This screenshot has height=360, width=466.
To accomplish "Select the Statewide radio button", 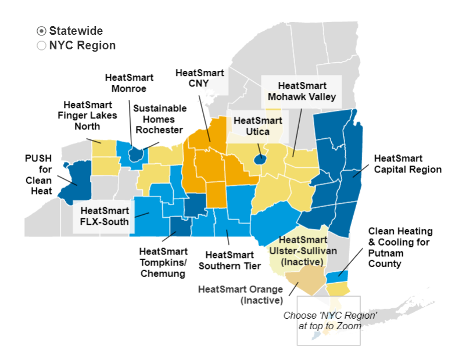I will (x=41, y=31).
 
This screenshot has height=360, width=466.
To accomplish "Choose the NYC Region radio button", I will (x=41, y=45).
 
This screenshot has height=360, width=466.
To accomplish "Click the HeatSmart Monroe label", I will (x=129, y=83).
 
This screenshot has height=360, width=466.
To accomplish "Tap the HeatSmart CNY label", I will (x=195, y=78).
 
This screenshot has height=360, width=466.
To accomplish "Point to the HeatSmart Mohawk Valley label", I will (x=302, y=91).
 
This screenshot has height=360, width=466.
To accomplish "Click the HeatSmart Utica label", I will (x=257, y=126).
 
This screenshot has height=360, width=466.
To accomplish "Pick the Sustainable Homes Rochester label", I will (x=160, y=119).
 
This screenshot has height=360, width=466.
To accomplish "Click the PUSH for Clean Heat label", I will (x=38, y=174).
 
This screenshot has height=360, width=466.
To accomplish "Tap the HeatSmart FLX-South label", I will (x=101, y=215).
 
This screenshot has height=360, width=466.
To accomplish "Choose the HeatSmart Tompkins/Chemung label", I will (x=164, y=262).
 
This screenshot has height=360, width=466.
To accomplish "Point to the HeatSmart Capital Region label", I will (x=407, y=164).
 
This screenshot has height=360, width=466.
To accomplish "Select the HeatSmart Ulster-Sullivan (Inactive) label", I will (x=302, y=251).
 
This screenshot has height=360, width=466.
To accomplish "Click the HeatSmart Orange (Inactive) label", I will (x=240, y=294).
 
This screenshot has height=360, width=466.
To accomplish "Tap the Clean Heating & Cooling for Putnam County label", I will (x=400, y=247).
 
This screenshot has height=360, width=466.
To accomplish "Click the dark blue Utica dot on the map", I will (x=261, y=158).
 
